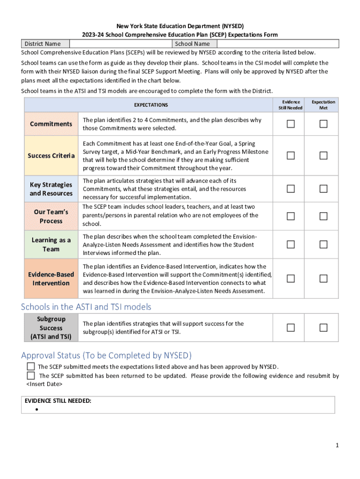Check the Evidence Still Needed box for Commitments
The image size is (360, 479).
tap(291, 124)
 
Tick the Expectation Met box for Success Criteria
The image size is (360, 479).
tap(324, 156)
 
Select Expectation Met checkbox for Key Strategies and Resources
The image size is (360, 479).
tap(324, 189)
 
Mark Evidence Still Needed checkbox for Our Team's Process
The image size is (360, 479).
tap(291, 216)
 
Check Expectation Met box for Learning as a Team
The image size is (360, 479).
tap(324, 245)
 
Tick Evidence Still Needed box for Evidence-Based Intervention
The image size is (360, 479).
tap(291, 279)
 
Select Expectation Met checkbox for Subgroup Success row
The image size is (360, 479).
tap(324, 328)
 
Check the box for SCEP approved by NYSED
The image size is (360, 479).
tap(31, 366)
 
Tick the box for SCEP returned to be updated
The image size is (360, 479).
tap(31, 376)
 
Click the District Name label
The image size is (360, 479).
tap(43, 44)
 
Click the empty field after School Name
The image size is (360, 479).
tap(275, 44)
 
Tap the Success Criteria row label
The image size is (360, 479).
tap(51, 156)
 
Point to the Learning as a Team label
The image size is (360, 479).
tap(51, 245)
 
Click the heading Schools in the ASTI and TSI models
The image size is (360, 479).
tap(86, 307)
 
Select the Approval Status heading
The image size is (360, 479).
tap(106, 355)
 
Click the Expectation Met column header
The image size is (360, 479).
tap(324, 105)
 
